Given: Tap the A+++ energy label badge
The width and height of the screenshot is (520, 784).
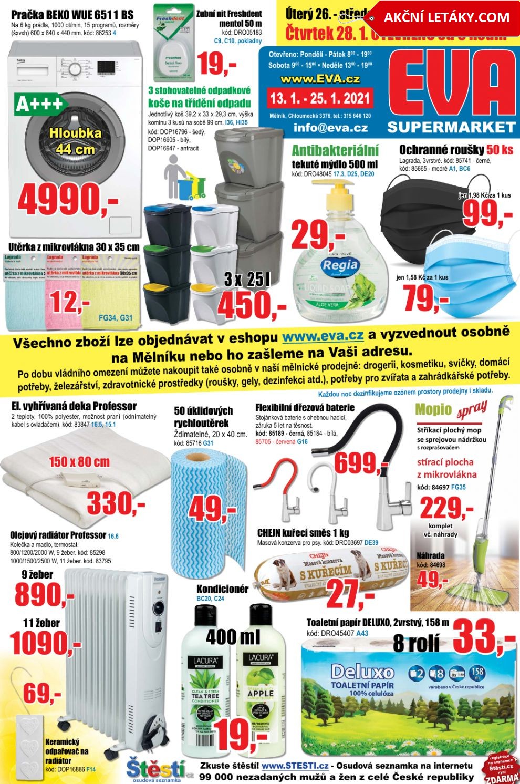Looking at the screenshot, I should tap(39, 104).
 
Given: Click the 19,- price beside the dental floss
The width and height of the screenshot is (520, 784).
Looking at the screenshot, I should tap(217, 65).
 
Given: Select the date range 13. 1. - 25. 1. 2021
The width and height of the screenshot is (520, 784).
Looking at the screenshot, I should tap(320, 98).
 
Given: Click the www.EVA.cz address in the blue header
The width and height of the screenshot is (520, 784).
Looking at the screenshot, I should tap(320, 79).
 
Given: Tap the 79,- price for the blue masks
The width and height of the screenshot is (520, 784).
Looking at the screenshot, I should tap(426, 298).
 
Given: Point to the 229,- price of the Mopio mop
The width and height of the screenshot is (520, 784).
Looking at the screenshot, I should tap(446, 508).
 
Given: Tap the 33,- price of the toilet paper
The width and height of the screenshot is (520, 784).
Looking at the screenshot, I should tap(483, 637).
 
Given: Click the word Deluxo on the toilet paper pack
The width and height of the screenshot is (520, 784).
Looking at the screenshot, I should tap(362, 672).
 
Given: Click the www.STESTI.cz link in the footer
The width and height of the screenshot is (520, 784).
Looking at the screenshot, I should tap(295, 766).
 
